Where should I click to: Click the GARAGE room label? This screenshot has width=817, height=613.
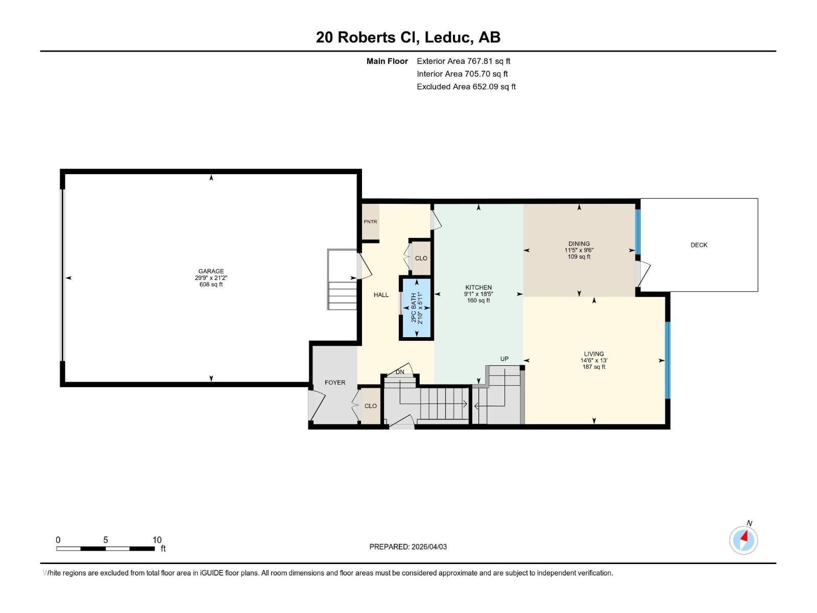tap(211, 271)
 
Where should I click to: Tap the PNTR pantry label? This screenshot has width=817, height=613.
tap(370, 222)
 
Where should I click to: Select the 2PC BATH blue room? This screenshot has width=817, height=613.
tap(417, 308)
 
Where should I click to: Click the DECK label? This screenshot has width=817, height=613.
tap(699, 245)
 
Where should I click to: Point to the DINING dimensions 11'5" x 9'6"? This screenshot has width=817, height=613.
tap(579, 250)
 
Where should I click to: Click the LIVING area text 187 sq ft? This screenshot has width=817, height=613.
tap(593, 367)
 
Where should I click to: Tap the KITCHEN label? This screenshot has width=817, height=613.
tap(478, 288)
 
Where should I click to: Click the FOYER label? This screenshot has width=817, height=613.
tap(335, 383)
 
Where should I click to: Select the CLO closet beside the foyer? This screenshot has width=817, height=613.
tap(370, 406)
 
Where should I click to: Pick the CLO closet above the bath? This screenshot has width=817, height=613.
tap(421, 258)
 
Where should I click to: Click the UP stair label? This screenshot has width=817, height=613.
tap(504, 359)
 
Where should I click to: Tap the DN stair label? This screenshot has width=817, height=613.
tap(400, 372)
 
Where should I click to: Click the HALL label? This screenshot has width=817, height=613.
tap(381, 295)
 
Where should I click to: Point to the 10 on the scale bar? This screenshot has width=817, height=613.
tap(157, 540)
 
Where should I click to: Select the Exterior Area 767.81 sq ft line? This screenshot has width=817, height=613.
tap(463, 61)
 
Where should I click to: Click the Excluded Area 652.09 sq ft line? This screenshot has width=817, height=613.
tap(466, 87)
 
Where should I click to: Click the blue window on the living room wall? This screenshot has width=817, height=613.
tap(667, 360)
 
